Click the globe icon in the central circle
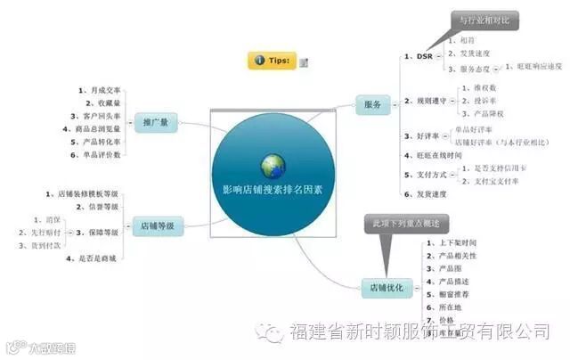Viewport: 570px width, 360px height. [x=273, y=165]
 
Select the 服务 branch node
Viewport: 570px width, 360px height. [x=372, y=105]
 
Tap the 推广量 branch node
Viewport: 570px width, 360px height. [x=158, y=121]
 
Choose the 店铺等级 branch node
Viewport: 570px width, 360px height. [x=159, y=225]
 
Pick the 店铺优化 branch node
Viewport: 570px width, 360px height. [x=386, y=288]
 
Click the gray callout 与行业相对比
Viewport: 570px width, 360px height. [x=484, y=19]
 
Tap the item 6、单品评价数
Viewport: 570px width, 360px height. [x=96, y=154]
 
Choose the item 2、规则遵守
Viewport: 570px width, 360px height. [x=425, y=101]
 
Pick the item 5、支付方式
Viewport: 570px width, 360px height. [x=425, y=175]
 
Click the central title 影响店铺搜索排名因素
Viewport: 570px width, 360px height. [x=273, y=189]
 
